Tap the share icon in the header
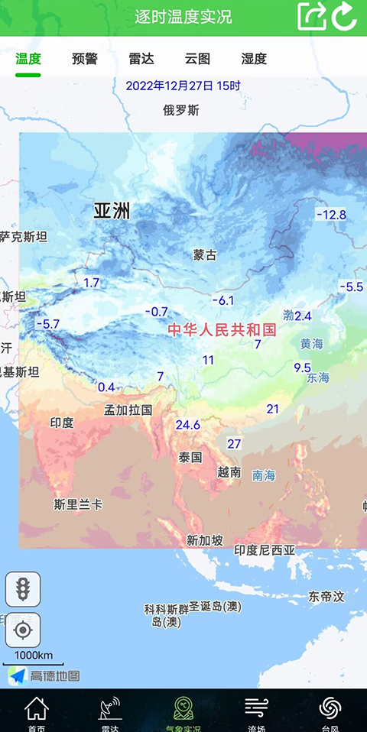coord(311,17)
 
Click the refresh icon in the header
coord(345,17)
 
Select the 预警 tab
coord(85,59)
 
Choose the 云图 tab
coord(197,59)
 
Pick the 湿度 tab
coord(254,59)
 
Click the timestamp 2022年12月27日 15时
coord(183,86)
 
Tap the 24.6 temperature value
coord(187,425)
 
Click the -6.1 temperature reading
coord(222,300)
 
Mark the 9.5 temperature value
coord(303,368)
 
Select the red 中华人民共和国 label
coord(222,329)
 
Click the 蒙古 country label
coord(205,254)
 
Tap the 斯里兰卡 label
coord(78,504)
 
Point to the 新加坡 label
coord(205,540)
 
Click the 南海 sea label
coord(264,475)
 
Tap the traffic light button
coord(23,589)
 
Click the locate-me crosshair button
coord(23,630)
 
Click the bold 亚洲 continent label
coord(112,211)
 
